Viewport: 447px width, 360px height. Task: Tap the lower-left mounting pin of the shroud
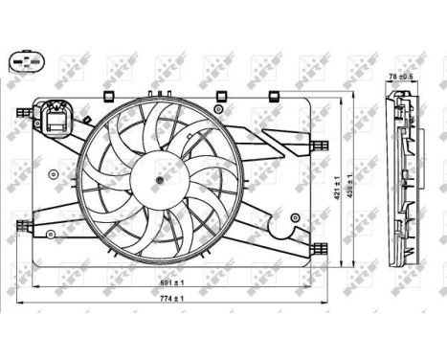(20, 227)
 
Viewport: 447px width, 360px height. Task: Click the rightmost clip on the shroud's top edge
(274, 95)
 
